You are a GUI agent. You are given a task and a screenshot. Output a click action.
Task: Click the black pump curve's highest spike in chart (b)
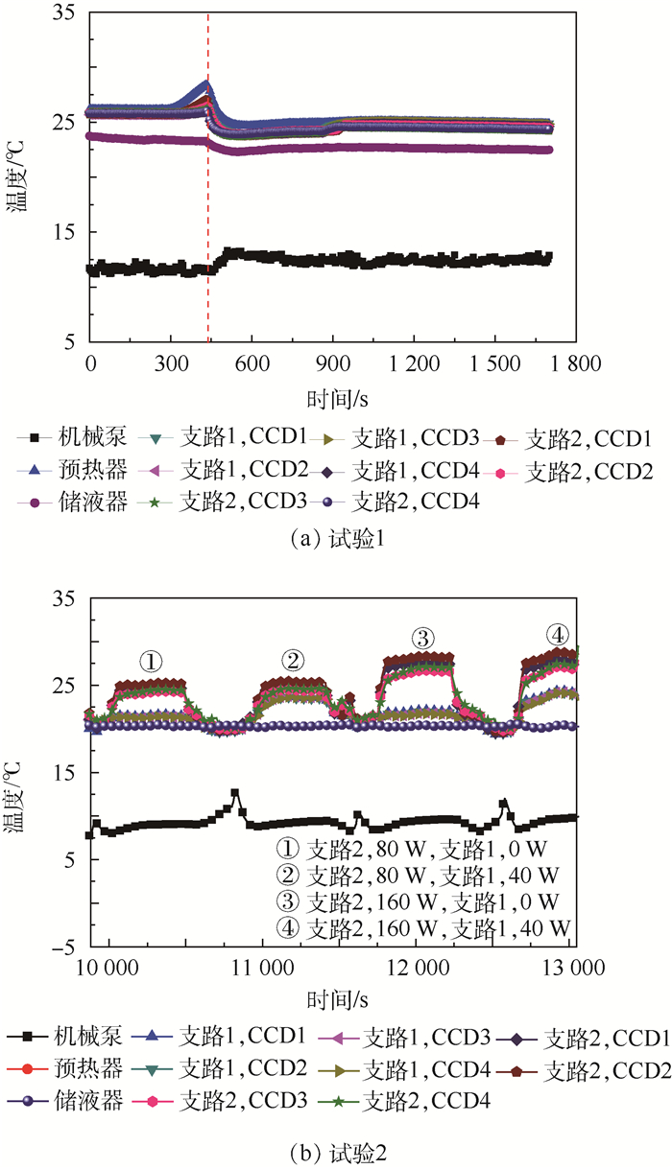pos(234,793)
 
